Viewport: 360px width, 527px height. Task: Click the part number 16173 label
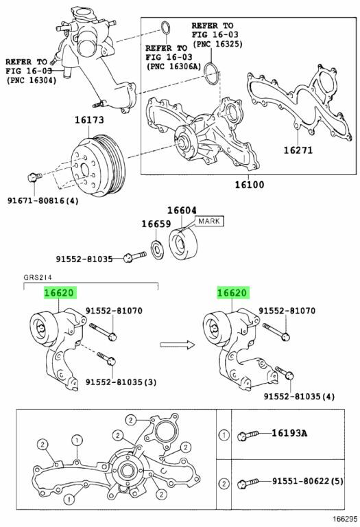[x=89, y=120]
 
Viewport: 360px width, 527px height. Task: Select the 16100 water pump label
[x=249, y=184]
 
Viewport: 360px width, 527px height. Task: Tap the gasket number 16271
[x=298, y=150]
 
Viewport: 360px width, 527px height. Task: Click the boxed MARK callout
[x=209, y=221]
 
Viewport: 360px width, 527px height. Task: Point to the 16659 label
[x=156, y=224]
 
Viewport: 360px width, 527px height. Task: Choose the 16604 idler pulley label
[x=182, y=211]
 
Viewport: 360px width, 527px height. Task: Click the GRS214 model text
[x=38, y=277]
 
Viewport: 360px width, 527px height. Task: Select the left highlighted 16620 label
[x=60, y=293]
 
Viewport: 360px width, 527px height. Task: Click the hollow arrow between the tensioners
[x=178, y=344]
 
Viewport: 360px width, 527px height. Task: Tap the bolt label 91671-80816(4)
[x=43, y=201]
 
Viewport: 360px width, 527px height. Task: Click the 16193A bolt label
[x=289, y=433]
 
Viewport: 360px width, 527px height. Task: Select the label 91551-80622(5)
[x=308, y=481]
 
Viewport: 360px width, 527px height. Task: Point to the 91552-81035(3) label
[x=121, y=382]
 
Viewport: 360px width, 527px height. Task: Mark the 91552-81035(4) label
[x=299, y=397]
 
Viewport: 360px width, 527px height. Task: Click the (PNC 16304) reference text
[x=32, y=80]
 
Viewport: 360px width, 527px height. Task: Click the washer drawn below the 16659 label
[x=157, y=250]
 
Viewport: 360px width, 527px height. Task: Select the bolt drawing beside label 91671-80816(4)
[x=34, y=176]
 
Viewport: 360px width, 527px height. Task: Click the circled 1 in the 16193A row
[x=224, y=435]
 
